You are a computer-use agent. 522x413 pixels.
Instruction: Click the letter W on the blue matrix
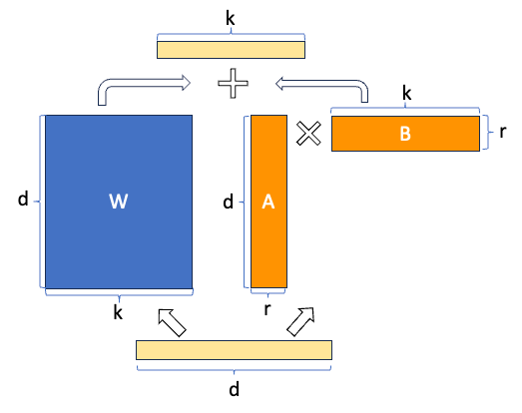click(x=118, y=203)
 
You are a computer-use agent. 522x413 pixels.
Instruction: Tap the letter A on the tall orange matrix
click(x=267, y=203)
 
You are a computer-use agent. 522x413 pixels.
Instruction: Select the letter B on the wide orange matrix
click(x=405, y=134)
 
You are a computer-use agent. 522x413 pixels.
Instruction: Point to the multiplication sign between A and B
click(x=309, y=135)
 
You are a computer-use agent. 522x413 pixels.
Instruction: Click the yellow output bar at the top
click(x=231, y=48)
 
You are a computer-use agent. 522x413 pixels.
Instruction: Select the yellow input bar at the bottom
click(x=234, y=349)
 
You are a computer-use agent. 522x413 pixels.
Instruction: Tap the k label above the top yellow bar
click(x=231, y=17)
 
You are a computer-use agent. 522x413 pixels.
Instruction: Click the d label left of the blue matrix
click(x=23, y=200)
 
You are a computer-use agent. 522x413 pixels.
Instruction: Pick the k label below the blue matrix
click(x=118, y=312)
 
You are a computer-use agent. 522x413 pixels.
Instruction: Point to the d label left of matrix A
click(x=228, y=203)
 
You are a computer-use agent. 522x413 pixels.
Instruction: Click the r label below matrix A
click(x=267, y=310)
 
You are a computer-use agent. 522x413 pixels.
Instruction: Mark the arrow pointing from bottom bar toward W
click(x=172, y=322)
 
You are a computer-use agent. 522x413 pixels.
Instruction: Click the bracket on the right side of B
click(x=487, y=133)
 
